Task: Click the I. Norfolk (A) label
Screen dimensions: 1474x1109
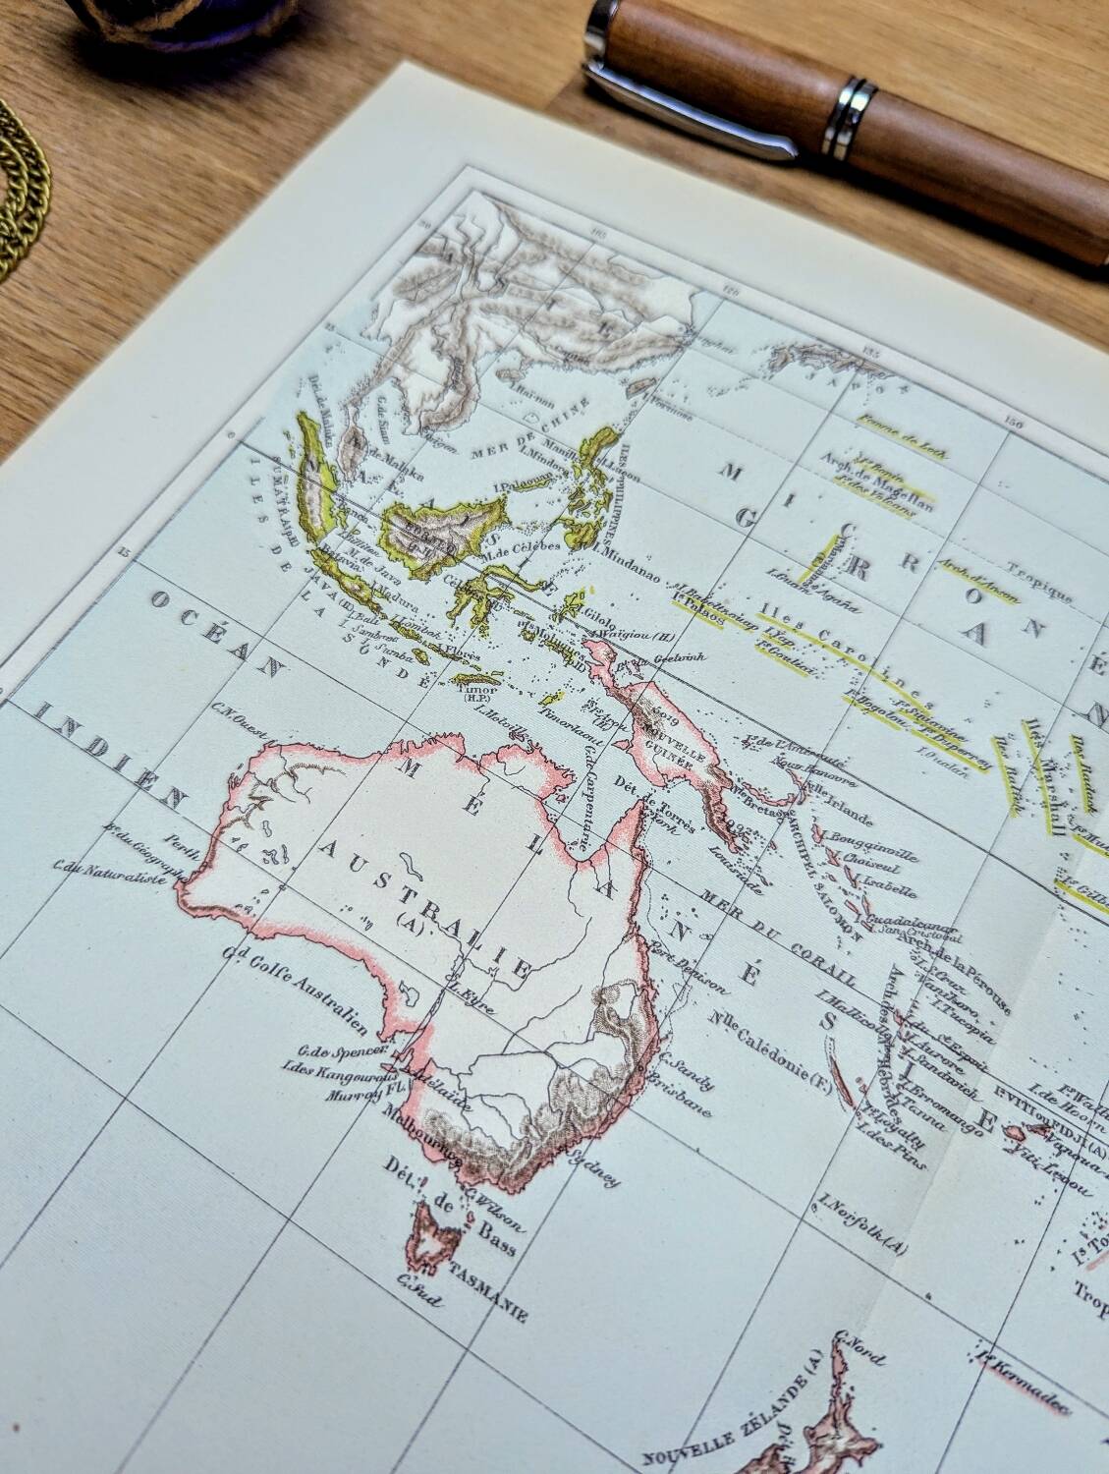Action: click(860, 1227)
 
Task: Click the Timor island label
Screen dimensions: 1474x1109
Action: click(473, 691)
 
